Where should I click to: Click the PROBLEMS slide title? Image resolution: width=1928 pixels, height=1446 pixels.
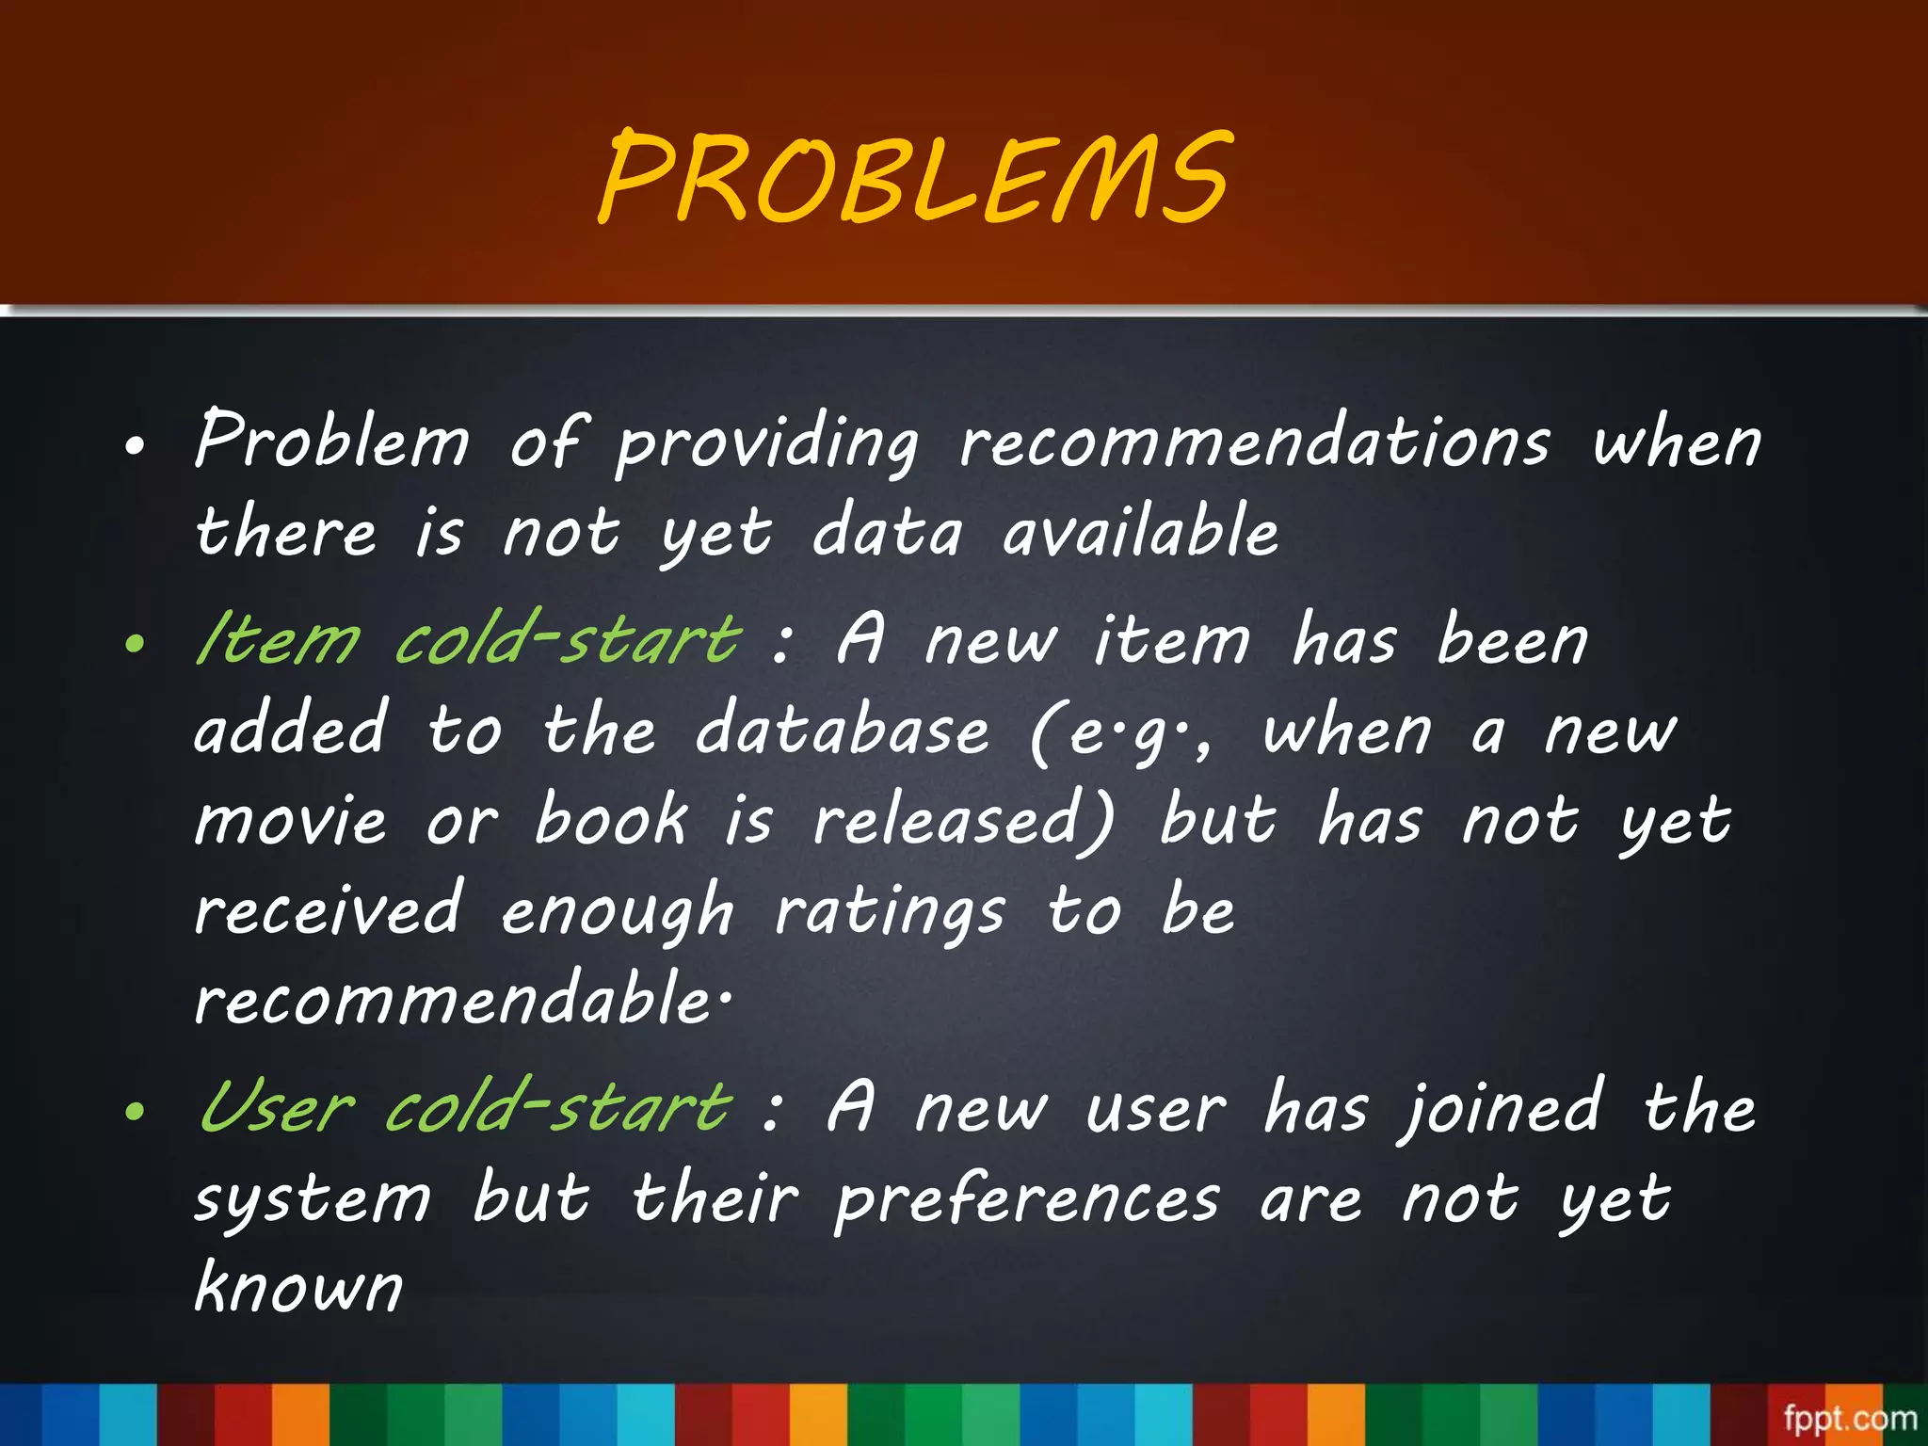tap(915, 179)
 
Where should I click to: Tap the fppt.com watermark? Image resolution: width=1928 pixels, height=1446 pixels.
tap(1850, 1418)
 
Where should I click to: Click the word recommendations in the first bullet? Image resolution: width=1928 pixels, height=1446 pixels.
tap(1254, 442)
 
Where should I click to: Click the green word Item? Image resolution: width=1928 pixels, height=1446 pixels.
tap(278, 640)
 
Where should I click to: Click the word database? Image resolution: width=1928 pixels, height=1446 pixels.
tap(843, 731)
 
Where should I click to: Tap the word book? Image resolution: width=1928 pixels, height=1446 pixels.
tap(611, 819)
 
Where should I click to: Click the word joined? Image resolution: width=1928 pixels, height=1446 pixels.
tap(1502, 1109)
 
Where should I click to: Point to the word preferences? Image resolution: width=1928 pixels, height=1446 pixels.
tap(1027, 1201)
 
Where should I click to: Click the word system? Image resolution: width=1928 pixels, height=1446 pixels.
tap(313, 1201)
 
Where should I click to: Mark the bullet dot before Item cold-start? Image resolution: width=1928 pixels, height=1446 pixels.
tap(136, 645)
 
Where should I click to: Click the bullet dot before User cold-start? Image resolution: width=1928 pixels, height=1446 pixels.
tap(136, 1112)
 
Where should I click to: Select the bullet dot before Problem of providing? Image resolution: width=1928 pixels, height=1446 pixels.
tap(136, 447)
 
